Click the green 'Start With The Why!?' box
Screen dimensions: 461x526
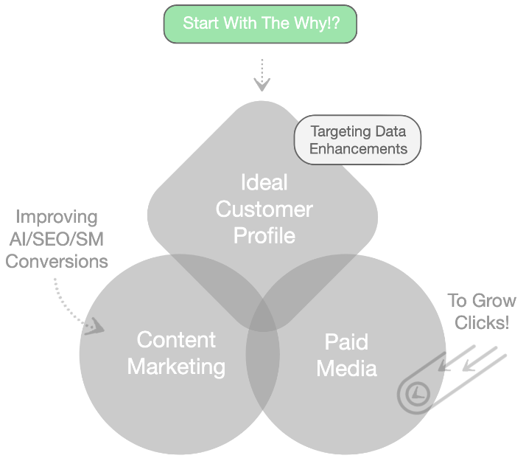260,24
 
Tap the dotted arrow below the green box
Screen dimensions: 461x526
262,75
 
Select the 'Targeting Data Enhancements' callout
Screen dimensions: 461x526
357,139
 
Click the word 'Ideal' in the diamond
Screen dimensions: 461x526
264,182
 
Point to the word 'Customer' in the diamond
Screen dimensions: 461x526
264,209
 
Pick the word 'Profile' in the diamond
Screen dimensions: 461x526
264,235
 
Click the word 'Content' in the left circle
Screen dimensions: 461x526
176,340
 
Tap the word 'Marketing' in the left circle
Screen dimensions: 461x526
176,367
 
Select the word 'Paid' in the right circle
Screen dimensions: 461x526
346,342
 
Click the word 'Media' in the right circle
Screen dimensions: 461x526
346,368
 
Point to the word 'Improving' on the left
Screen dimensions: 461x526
57,217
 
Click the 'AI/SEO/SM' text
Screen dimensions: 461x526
57,239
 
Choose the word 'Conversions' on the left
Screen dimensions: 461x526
57,261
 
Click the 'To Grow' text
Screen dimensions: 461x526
482,301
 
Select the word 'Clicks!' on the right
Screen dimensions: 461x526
482,323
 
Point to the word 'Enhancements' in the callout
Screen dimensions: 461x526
357,148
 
